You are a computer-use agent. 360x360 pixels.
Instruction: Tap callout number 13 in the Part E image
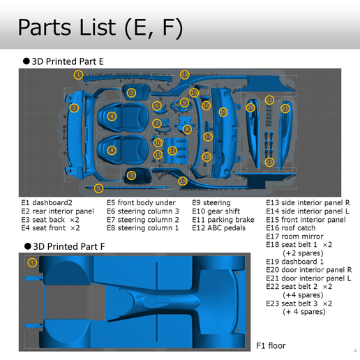click(184, 75)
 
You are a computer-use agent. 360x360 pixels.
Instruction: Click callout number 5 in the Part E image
click(98, 188)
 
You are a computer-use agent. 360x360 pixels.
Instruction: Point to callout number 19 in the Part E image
click(223, 112)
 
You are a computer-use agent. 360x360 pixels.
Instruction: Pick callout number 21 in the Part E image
click(285, 108)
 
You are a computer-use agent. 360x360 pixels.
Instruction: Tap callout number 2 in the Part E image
click(74, 107)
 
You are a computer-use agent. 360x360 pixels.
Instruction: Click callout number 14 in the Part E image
click(183, 181)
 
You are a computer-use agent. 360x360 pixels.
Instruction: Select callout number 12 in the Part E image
click(172, 150)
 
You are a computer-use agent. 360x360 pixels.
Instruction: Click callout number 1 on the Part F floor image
click(31, 262)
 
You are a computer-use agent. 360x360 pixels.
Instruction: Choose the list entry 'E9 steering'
click(211, 203)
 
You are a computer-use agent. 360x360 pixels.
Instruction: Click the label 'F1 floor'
click(271, 345)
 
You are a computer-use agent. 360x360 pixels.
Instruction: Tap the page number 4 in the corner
click(347, 350)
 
